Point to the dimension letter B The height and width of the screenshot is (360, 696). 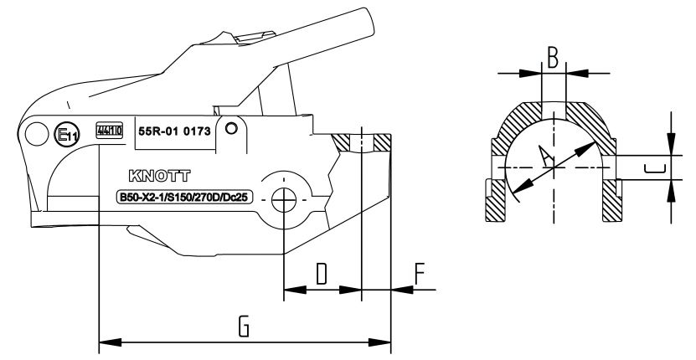pos(553,58)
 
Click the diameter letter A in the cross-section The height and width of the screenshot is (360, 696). pos(545,157)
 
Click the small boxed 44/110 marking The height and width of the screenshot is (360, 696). pos(109,131)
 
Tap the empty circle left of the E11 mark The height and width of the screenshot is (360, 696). pos(37,132)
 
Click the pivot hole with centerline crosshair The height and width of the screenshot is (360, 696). pos(285,200)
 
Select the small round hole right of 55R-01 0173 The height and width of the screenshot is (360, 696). pos(231,130)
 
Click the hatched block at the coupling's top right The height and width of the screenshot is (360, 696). pos(382,142)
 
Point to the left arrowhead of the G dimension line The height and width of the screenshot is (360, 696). pos(105,342)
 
